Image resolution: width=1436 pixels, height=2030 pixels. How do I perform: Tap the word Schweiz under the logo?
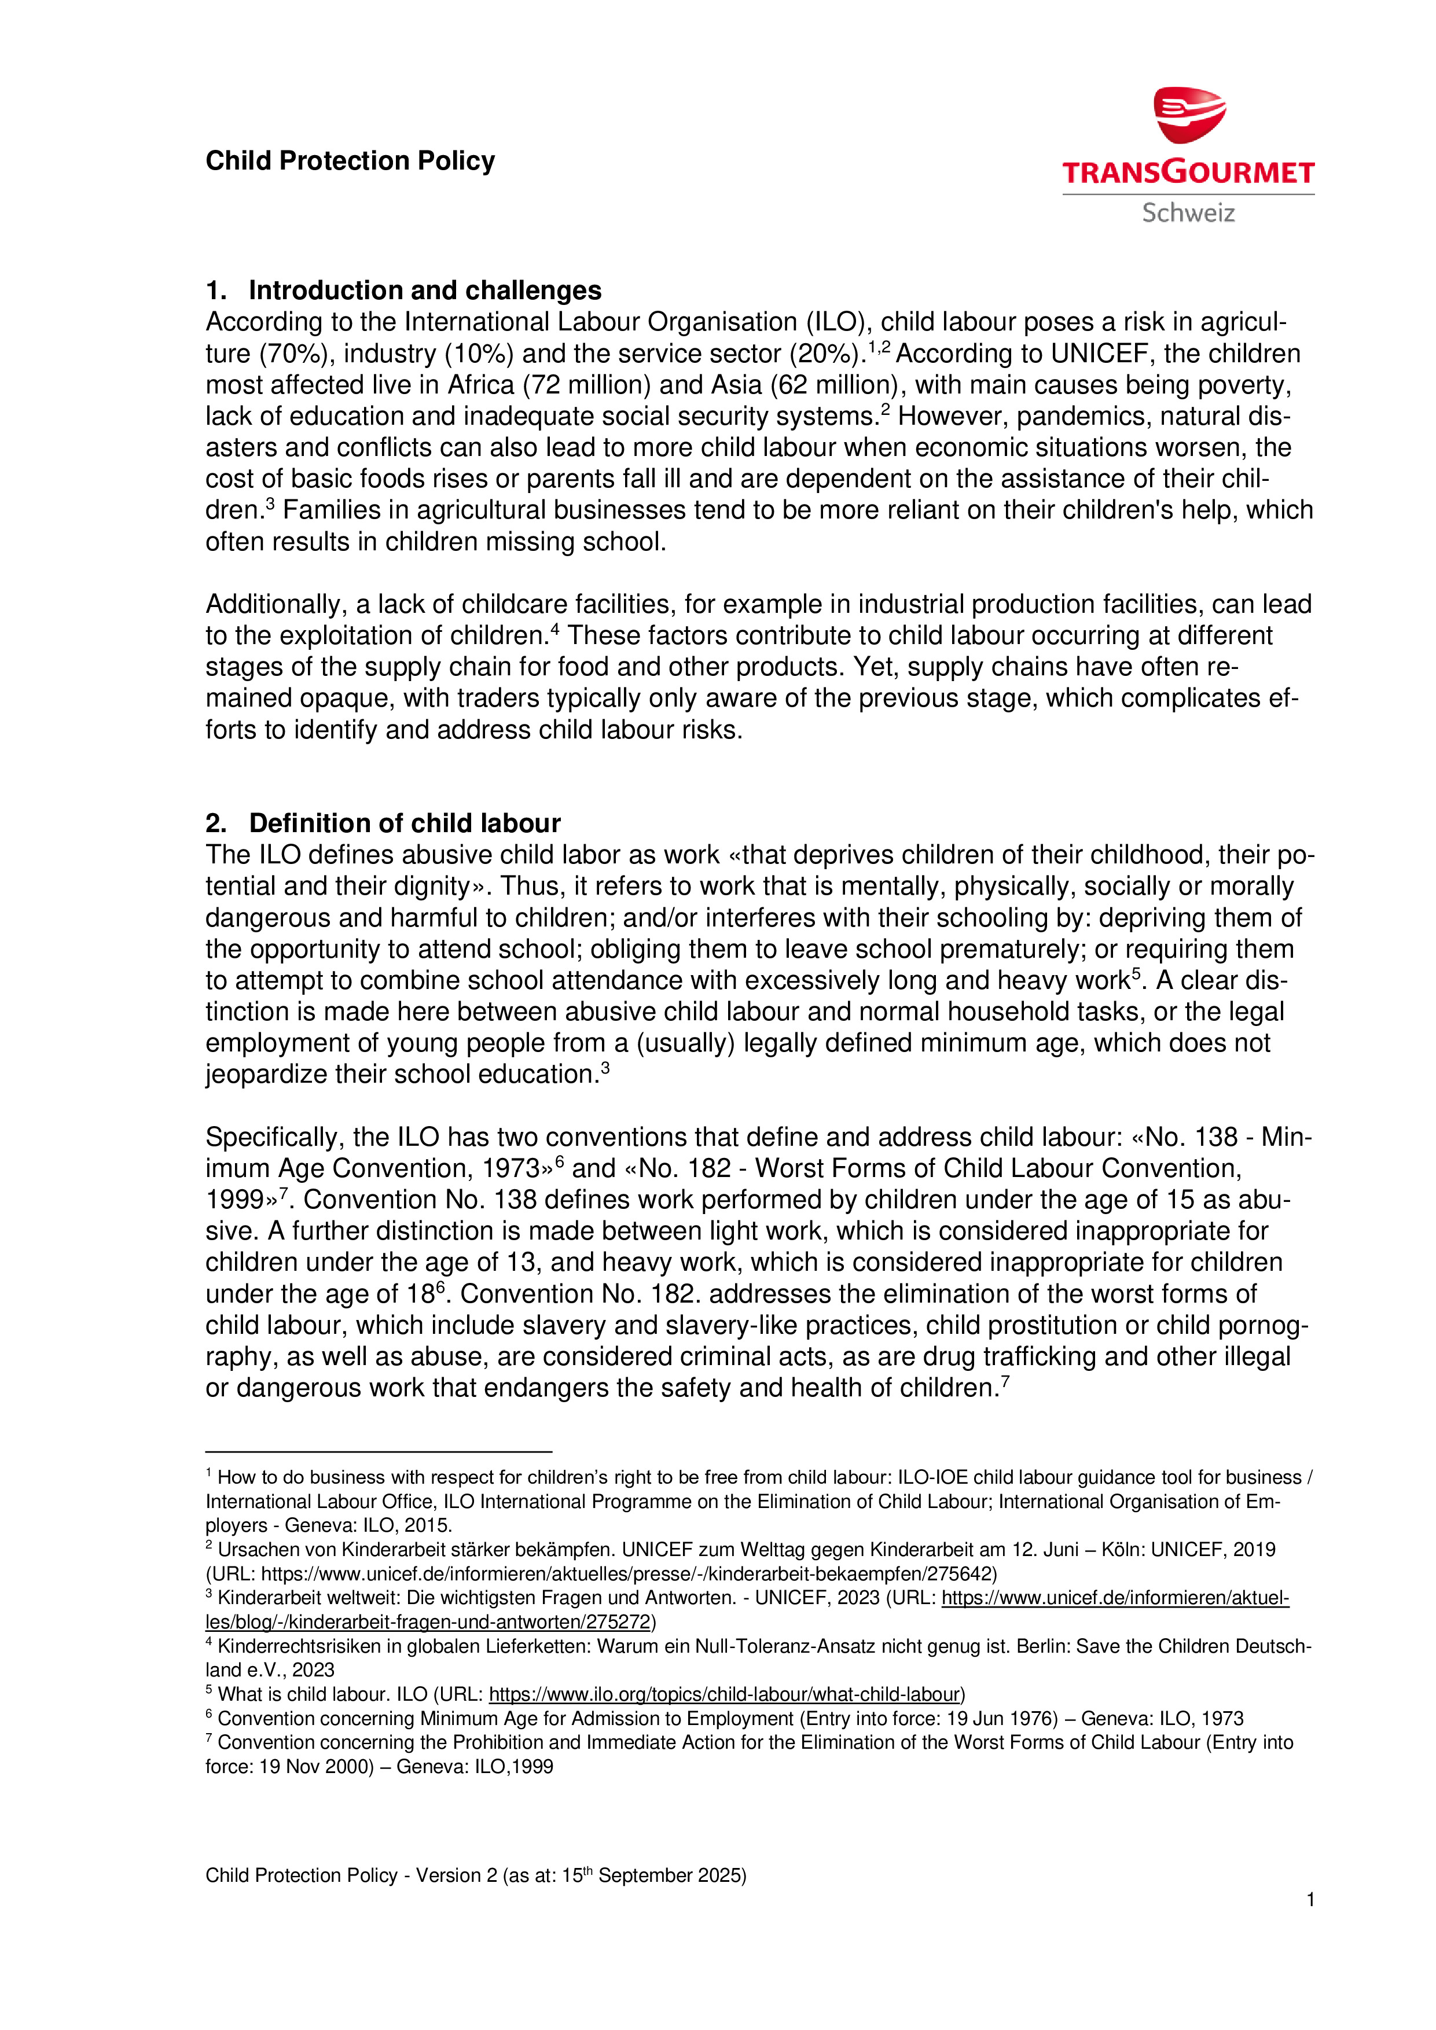point(1188,213)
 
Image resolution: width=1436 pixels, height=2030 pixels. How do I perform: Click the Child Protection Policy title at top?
point(350,161)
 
